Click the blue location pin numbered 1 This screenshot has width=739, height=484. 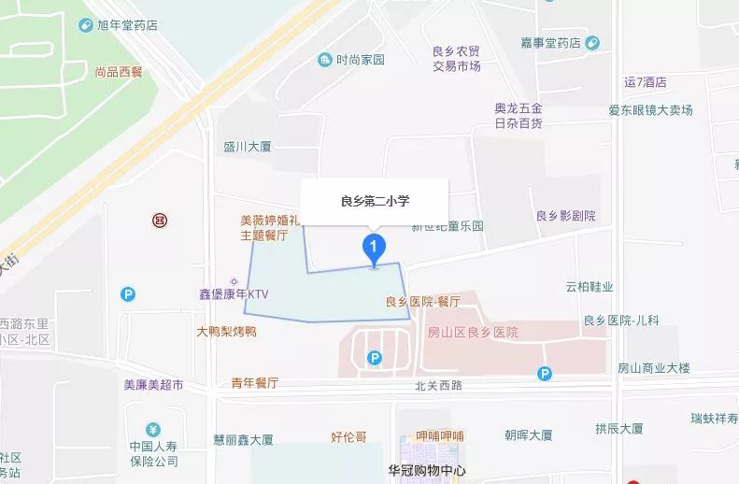374,249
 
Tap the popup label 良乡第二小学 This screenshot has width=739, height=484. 374,201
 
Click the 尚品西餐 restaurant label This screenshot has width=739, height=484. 118,71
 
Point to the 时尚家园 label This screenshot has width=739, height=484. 361,61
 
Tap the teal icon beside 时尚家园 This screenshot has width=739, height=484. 324,61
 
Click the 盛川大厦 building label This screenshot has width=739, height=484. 247,147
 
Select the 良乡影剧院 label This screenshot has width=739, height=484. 565,216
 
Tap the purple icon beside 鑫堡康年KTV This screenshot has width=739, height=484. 229,279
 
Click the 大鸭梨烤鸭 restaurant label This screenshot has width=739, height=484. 226,332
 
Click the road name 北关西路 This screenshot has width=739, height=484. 439,385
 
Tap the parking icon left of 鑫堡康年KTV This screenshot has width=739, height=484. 128,294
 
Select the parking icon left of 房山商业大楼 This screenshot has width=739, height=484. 545,374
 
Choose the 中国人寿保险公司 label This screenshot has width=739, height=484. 154,453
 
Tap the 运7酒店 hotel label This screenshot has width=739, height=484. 646,82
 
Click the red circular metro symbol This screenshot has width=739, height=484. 159,221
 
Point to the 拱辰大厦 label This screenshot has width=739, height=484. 620,429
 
